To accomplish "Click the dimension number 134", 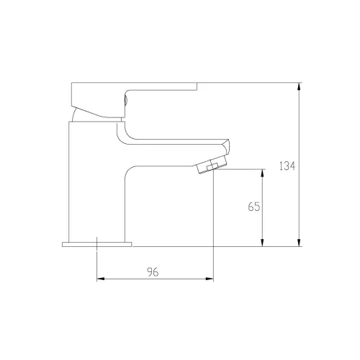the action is (x=287, y=166).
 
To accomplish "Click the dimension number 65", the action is (x=254, y=207).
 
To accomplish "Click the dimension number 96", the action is (x=153, y=272).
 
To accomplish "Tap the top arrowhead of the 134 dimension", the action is (x=299, y=86).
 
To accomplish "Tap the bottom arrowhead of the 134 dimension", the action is (x=299, y=243).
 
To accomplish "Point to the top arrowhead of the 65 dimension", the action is (x=262, y=174).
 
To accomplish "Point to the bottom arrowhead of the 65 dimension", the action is (x=262, y=243).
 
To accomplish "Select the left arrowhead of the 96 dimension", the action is (x=101, y=279).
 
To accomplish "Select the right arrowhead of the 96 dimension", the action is (x=210, y=279).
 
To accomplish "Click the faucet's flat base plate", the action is (x=97, y=244).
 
